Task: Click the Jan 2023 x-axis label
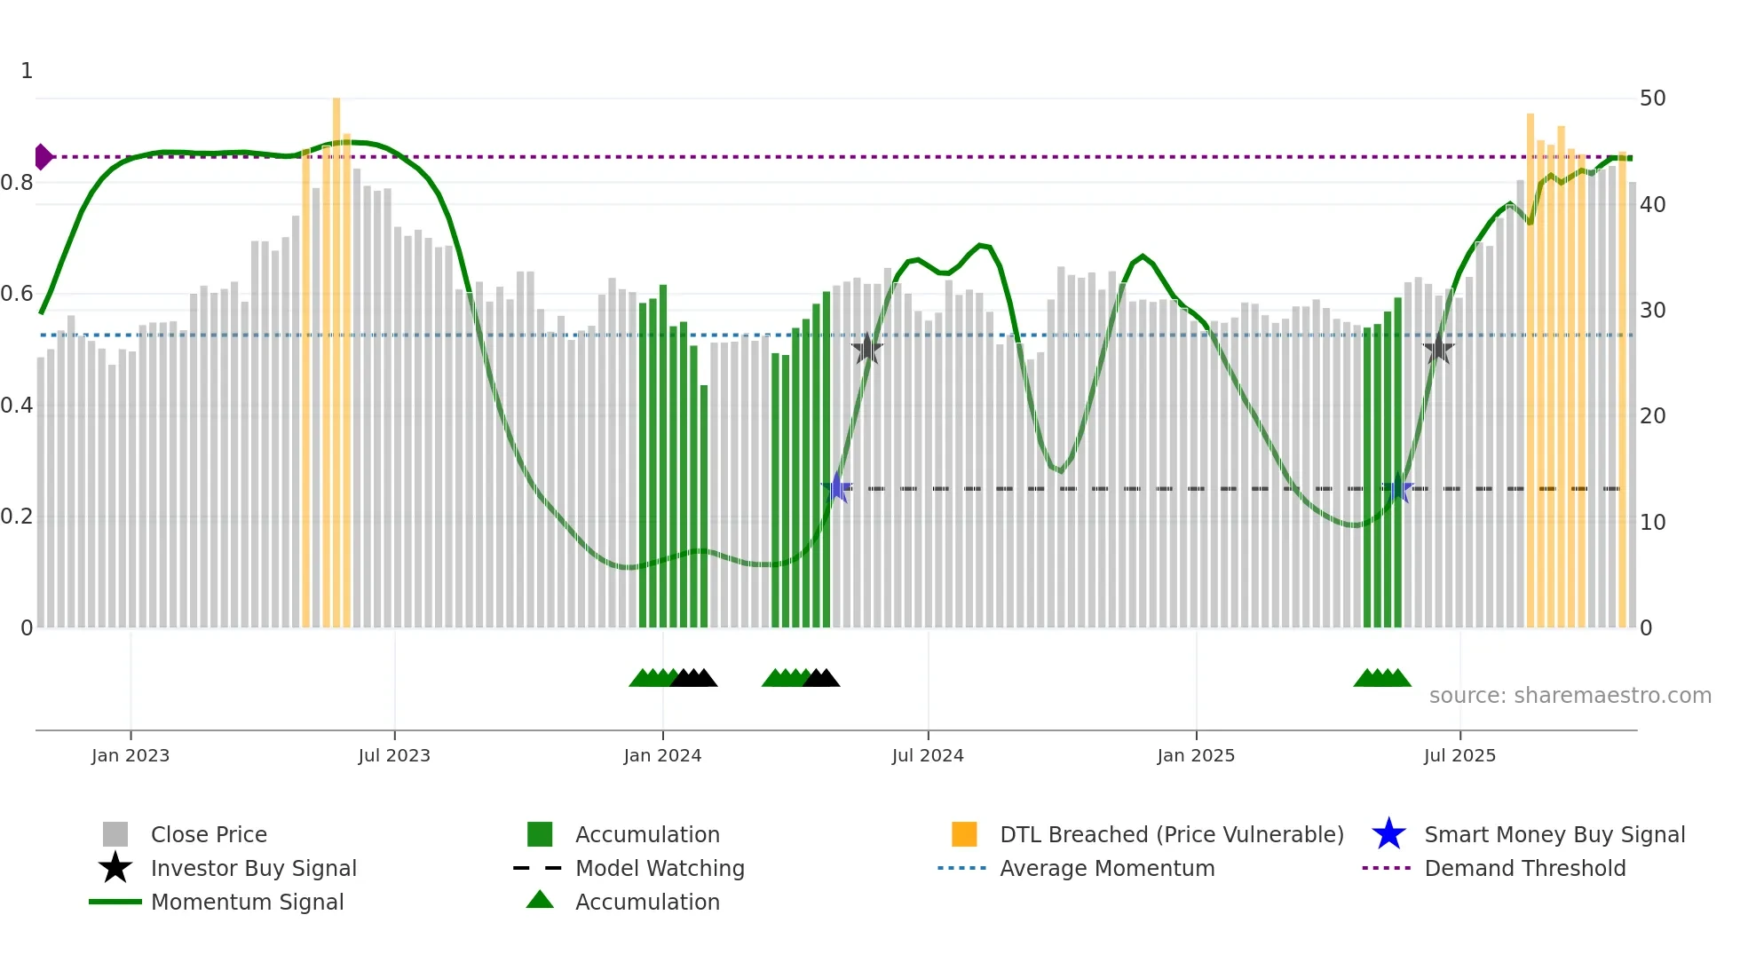point(130,755)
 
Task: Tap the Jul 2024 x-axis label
point(928,755)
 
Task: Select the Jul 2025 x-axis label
point(1459,755)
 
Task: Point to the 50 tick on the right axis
point(1652,99)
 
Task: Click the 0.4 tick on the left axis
point(17,406)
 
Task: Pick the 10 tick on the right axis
point(1652,522)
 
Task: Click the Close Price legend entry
point(209,834)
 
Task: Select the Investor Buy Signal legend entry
point(253,868)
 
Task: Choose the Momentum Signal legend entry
point(247,902)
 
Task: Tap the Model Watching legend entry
point(660,868)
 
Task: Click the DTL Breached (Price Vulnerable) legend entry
point(1171,834)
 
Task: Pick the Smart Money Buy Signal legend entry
point(1554,834)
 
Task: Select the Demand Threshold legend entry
point(1524,868)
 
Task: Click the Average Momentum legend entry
point(1107,868)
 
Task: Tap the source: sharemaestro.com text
point(1570,696)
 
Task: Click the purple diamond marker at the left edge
point(42,157)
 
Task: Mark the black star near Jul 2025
point(1438,350)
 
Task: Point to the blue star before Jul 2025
point(1398,488)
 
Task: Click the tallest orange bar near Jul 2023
point(336,355)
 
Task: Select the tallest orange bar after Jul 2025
point(1530,373)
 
